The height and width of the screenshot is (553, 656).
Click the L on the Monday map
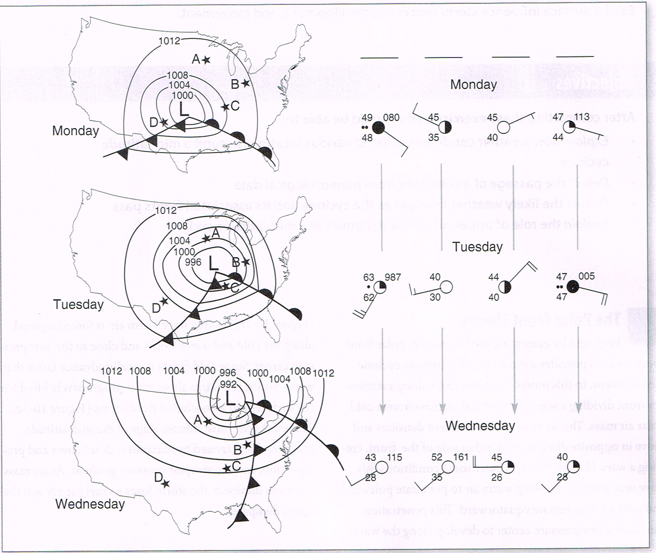coord(184,110)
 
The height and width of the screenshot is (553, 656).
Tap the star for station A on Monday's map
coord(207,59)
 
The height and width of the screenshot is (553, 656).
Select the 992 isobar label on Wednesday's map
coord(228,384)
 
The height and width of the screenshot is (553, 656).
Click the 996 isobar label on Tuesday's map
coord(193,263)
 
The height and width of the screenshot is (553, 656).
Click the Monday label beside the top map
coord(75,131)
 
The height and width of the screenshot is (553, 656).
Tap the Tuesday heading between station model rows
coord(477,246)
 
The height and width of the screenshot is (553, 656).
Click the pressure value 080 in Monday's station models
coord(391,118)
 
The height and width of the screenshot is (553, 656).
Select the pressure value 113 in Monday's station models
coord(581,117)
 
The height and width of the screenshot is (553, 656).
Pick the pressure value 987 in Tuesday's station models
coord(392,277)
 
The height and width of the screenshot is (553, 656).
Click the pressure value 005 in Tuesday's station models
coord(586,276)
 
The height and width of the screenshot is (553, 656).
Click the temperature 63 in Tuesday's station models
coord(369,277)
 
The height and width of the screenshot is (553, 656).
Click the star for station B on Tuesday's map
coord(246,261)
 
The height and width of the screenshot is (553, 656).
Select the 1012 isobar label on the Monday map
coord(169,41)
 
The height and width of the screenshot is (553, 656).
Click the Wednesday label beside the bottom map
coord(90,504)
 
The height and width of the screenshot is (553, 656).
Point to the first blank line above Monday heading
coord(379,57)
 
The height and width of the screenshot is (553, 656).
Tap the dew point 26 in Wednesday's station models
coord(496,477)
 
